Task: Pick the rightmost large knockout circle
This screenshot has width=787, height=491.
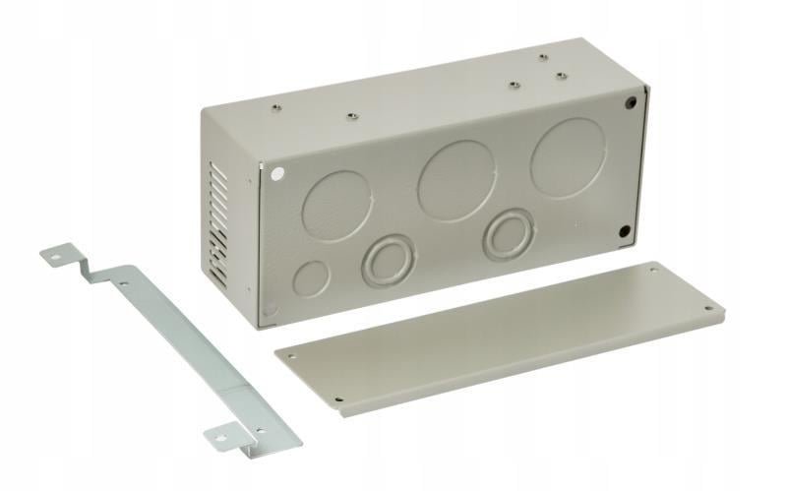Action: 568,157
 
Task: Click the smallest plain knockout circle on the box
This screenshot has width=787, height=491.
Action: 311,278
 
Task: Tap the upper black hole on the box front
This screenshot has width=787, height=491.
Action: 627,102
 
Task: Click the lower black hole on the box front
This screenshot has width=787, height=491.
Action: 624,232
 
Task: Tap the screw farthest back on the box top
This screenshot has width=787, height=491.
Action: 542,58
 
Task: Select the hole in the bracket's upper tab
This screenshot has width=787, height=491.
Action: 56,258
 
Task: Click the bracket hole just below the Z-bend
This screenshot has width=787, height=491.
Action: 124,284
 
